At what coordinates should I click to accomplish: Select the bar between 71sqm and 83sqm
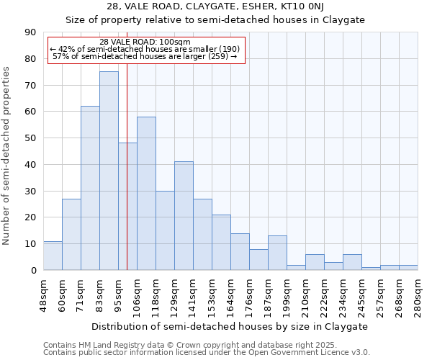pos(90,188)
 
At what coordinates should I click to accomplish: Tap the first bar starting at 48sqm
pos(53,256)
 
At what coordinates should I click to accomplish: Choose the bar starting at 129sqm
pos(184,216)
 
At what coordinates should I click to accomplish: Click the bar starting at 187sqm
pos(277,253)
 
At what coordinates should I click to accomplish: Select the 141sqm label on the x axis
pos(193,292)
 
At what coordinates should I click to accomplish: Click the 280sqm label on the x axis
pos(418,292)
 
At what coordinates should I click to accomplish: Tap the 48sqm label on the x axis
pos(43,292)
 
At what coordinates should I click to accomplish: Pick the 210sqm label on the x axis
pos(305,292)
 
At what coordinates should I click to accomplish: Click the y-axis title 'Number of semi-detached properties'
pos(7,156)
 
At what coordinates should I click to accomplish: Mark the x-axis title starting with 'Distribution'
pos(230,326)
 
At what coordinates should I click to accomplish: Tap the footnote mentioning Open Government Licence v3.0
pos(207,353)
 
